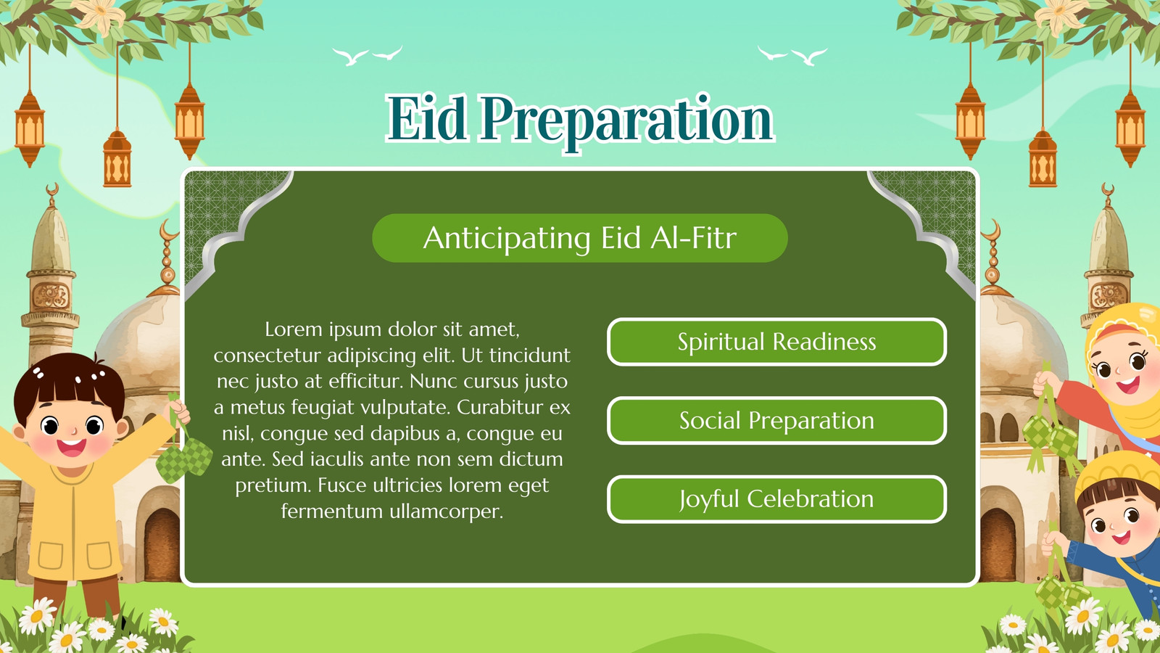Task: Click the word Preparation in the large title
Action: click(x=627, y=123)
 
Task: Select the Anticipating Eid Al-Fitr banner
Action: click(x=580, y=238)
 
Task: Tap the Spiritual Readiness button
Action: click(x=776, y=342)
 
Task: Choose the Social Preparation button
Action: click(x=776, y=420)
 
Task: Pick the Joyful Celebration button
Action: click(x=776, y=499)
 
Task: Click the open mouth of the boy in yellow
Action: click(x=72, y=447)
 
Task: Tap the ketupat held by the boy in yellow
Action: click(x=184, y=457)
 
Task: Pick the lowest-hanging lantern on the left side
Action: click(x=117, y=159)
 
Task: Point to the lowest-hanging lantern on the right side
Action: click(x=1043, y=159)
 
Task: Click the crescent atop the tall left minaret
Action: click(x=51, y=189)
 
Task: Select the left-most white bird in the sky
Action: click(x=350, y=57)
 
